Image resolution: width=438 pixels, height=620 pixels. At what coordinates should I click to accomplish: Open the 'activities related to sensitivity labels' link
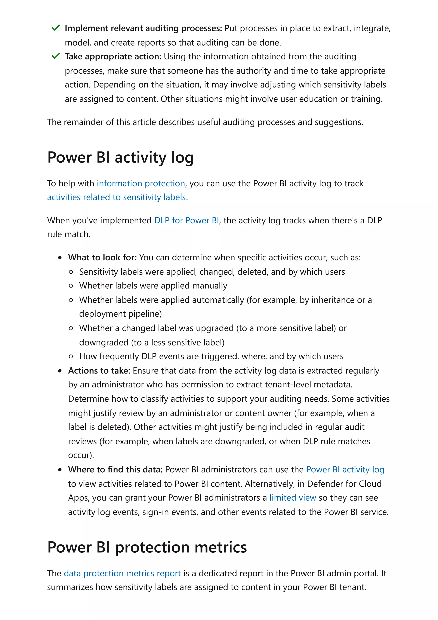click(x=116, y=197)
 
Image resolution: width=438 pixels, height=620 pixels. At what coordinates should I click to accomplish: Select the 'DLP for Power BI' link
click(x=186, y=220)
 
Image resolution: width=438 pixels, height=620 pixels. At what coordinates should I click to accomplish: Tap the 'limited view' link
click(x=293, y=497)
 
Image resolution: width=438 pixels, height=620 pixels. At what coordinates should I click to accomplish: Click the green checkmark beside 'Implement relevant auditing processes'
click(x=56, y=28)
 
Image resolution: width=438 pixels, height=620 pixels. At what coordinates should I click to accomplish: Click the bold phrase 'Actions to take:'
click(x=99, y=371)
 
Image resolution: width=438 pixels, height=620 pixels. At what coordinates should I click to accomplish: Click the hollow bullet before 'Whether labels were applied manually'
click(x=71, y=286)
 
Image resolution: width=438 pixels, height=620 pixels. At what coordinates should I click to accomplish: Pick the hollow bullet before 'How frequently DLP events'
click(x=71, y=356)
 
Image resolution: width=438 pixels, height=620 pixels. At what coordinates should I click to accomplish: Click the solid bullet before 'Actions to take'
click(x=60, y=371)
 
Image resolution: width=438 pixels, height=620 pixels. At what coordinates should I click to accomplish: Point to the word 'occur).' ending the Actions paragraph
click(x=81, y=455)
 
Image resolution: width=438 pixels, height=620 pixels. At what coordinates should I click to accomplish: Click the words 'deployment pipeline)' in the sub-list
click(x=120, y=314)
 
